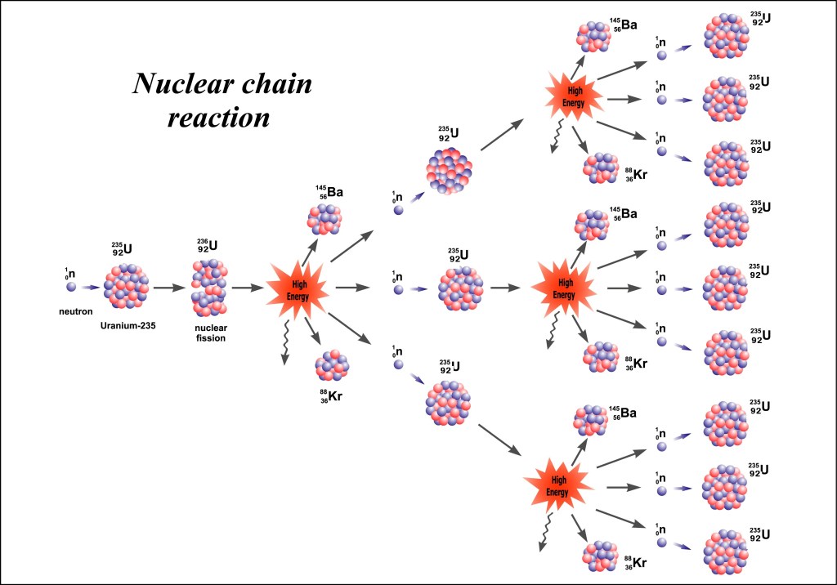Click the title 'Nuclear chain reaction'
point(223,100)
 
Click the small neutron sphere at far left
point(70,287)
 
